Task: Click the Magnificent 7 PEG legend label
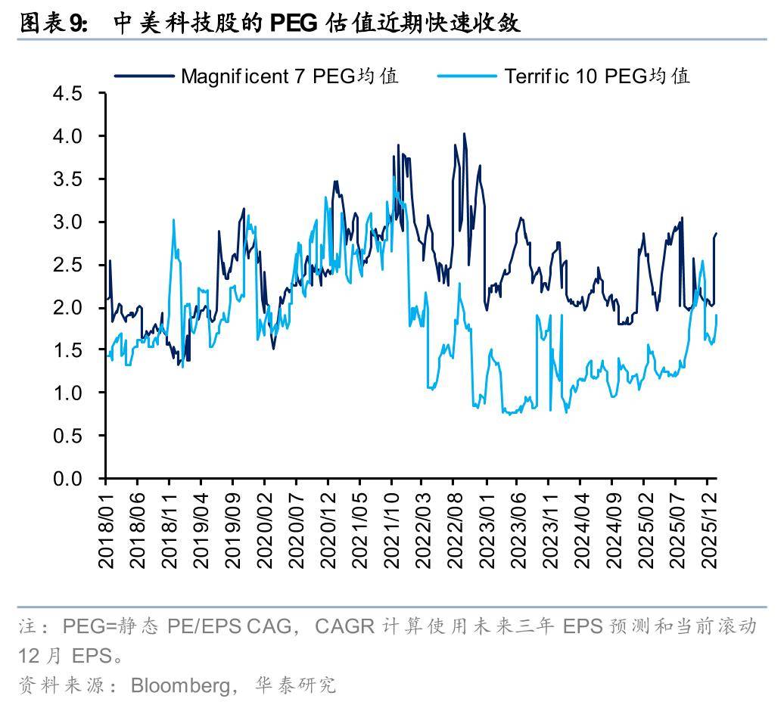(x=290, y=76)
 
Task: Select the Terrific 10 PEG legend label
(x=597, y=76)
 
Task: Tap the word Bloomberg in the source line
(x=179, y=685)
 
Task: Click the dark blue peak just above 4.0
(x=464, y=135)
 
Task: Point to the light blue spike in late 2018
(x=173, y=220)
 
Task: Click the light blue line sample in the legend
(x=466, y=76)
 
